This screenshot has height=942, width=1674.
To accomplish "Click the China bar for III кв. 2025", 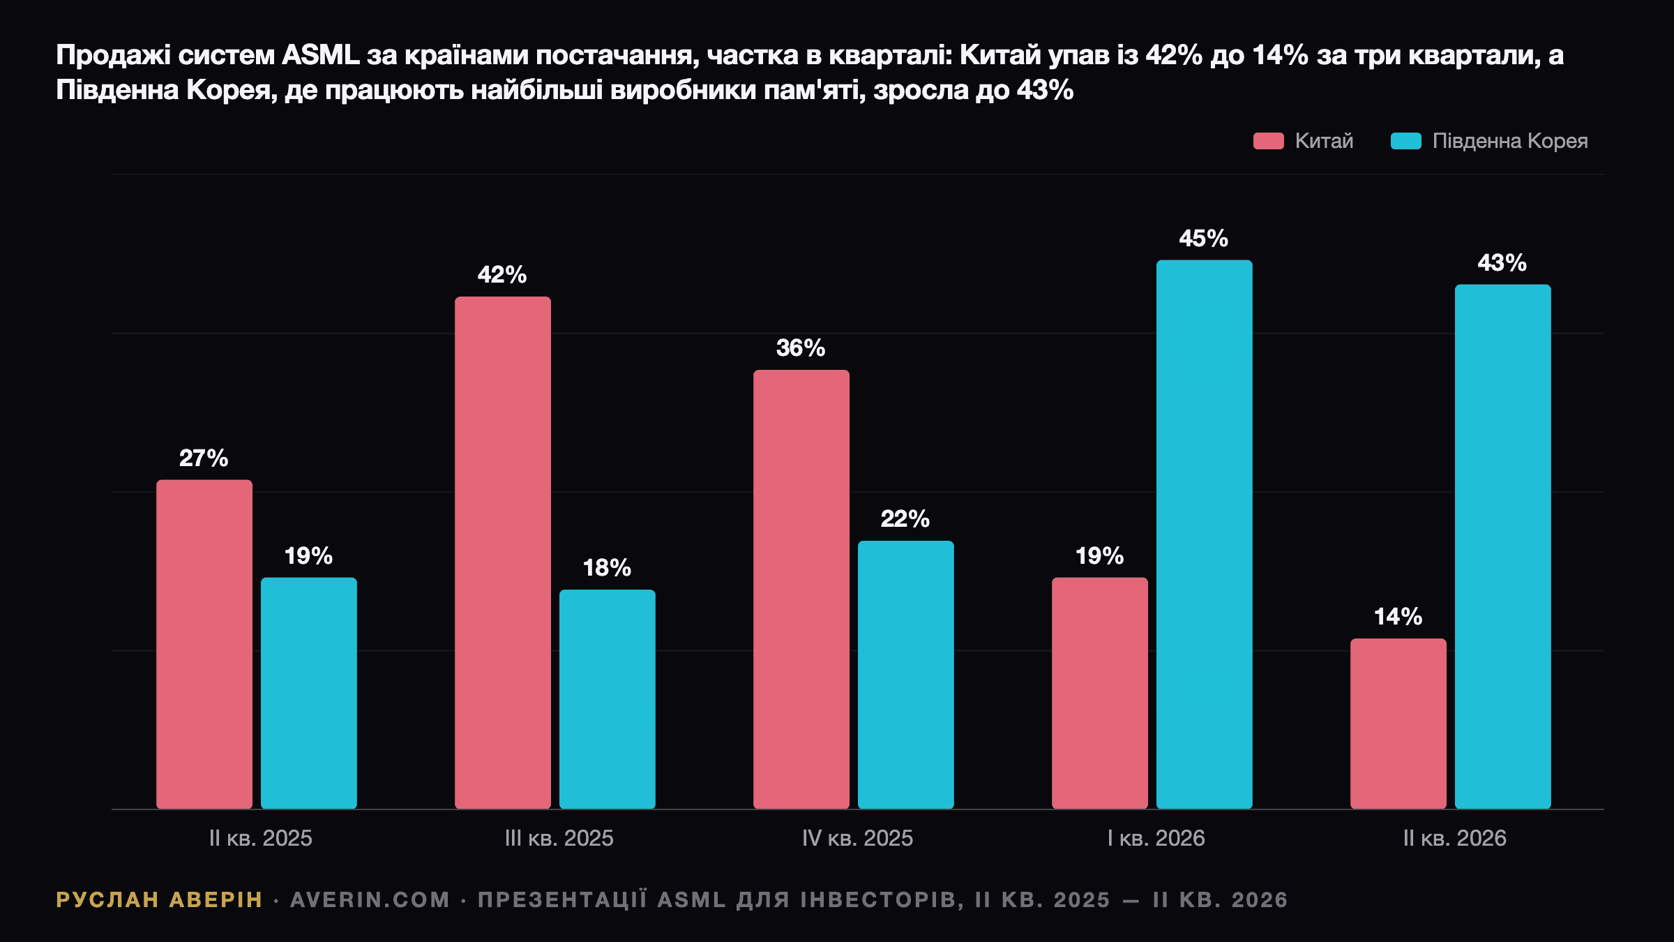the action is coord(503,553).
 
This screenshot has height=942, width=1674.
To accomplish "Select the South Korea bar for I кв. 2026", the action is coord(1205,534).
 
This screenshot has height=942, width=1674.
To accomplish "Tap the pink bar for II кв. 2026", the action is coord(1398,724).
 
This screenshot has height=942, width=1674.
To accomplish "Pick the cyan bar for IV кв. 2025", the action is coord(906,675).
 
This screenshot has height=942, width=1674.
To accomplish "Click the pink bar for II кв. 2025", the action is coord(204,644).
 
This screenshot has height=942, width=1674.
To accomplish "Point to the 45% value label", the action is coord(1204,239).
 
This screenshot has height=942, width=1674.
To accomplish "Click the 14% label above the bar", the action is coord(1398,617).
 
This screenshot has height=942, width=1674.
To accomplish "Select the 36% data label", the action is coord(801,348).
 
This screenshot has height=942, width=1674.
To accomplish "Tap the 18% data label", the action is coord(607,568).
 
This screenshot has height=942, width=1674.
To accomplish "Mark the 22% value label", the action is coord(905,519).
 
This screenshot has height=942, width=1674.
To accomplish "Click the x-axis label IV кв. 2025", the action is coord(857,838).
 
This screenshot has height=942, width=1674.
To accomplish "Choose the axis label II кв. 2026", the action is coord(1454,838).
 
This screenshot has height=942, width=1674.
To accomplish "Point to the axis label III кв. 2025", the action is coord(559,838).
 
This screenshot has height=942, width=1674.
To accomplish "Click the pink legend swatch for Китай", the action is coord(1269,141).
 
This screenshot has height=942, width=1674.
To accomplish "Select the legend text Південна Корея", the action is coord(1510,142).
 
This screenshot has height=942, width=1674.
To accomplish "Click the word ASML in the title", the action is coord(321,55).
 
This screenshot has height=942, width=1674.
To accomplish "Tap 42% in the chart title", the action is coord(1174,55).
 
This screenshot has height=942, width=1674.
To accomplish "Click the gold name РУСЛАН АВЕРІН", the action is coord(159,900).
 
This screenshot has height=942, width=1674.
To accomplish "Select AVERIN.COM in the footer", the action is coord(370,900).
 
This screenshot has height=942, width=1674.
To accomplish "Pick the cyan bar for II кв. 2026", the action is coord(1503,547).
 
